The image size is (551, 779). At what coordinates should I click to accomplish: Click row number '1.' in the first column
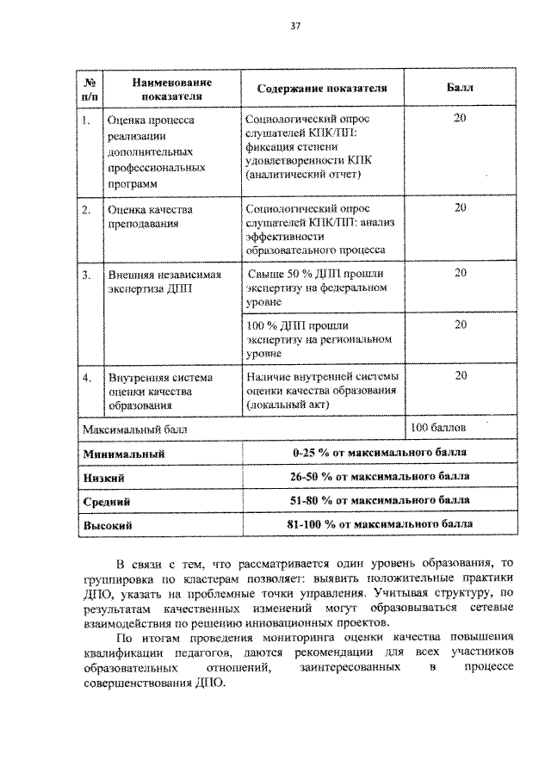coord(86,121)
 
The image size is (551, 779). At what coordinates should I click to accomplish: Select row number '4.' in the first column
coord(86,377)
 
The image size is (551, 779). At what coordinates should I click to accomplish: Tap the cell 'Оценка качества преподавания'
coord(149,216)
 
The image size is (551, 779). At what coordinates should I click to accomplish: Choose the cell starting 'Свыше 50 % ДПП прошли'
coord(314,287)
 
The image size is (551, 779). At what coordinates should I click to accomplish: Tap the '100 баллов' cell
coord(438,428)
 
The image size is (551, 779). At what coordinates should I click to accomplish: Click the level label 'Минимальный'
coord(123,453)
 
